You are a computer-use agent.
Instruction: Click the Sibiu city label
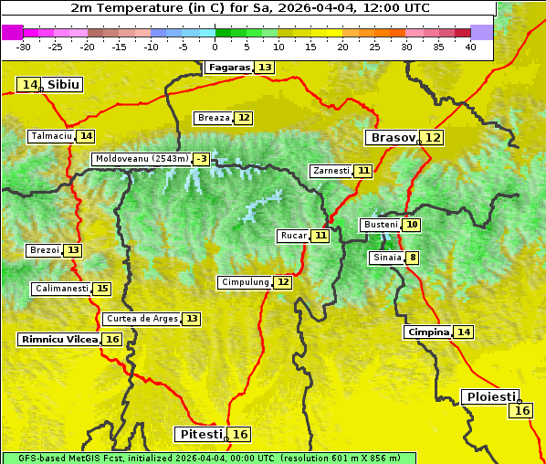click(x=64, y=85)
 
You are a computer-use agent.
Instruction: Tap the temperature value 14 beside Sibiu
click(x=29, y=85)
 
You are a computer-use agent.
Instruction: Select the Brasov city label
click(x=392, y=138)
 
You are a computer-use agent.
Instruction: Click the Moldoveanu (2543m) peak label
click(x=142, y=159)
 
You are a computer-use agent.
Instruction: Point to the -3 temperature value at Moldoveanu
click(x=201, y=159)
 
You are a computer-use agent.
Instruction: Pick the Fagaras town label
click(x=228, y=68)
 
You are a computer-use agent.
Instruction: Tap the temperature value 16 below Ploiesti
click(x=522, y=411)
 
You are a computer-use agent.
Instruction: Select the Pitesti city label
click(x=199, y=434)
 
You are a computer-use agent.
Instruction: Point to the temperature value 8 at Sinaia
click(x=414, y=258)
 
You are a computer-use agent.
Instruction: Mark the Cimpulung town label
click(x=245, y=282)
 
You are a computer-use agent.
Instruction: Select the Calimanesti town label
click(x=61, y=289)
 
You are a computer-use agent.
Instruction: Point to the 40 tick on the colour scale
click(x=470, y=47)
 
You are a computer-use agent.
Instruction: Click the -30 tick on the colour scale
click(x=24, y=47)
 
